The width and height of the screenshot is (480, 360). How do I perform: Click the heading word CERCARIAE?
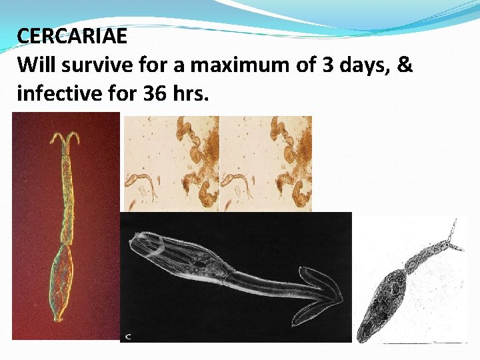(x=72, y=36)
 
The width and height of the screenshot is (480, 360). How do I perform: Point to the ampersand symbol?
(x=405, y=65)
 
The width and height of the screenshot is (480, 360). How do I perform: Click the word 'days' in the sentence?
(x=364, y=65)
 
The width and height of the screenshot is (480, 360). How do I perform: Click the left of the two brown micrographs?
(x=171, y=163)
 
